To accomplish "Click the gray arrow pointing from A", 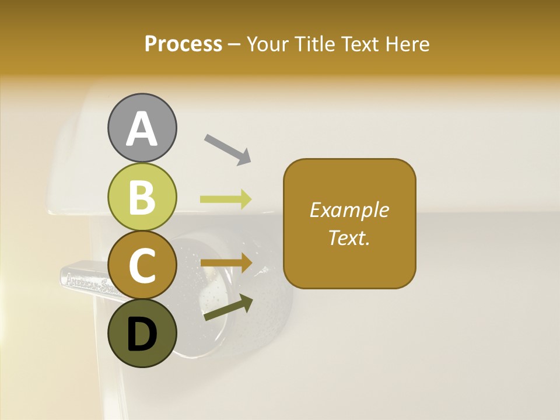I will (228, 149).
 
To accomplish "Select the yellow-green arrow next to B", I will (226, 199).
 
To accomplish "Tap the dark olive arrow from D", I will (228, 308).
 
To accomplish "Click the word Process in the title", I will (183, 44).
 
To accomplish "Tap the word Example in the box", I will (349, 210).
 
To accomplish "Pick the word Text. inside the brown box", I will (349, 238).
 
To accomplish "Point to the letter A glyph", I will (142, 128).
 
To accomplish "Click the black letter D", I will (142, 335).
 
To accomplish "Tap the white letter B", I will (142, 197).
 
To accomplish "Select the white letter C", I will (142, 265).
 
